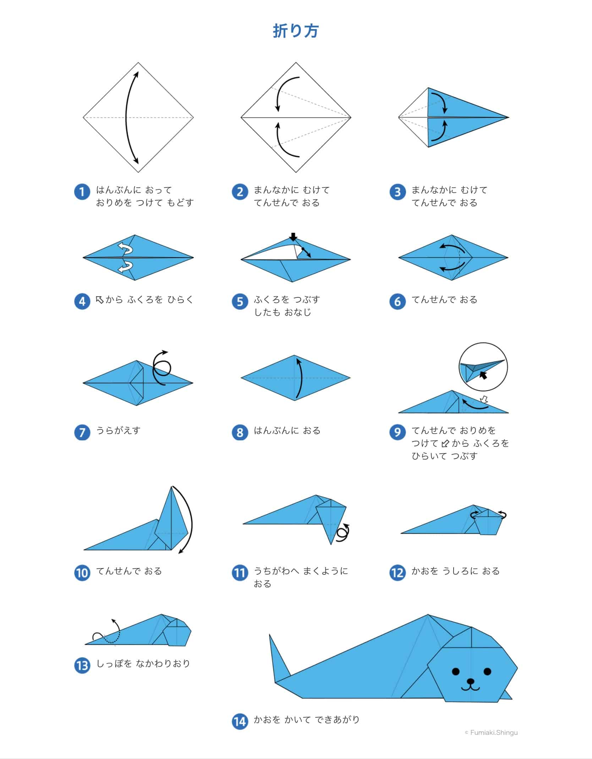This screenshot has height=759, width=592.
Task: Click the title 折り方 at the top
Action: [x=296, y=31]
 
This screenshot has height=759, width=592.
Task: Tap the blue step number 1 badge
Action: [x=82, y=192]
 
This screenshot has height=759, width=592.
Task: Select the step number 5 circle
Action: [x=240, y=302]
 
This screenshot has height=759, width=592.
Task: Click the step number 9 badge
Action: [x=398, y=432]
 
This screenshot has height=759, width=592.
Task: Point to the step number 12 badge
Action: [x=398, y=573]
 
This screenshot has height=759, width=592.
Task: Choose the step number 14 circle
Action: [x=240, y=721]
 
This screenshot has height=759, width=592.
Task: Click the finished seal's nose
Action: [x=471, y=681]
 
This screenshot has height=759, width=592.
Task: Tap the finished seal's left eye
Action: [x=456, y=671]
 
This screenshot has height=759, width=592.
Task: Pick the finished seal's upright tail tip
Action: [x=270, y=635]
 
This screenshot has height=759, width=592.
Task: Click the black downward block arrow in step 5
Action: [x=293, y=237]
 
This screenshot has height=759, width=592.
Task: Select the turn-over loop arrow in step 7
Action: [x=161, y=368]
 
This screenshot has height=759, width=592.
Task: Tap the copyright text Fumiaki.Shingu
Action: [x=491, y=732]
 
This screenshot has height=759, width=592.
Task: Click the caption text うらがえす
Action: [x=119, y=430]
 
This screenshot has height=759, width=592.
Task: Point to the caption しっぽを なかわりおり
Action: [x=143, y=664]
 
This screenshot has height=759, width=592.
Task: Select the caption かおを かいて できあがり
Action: [x=307, y=720]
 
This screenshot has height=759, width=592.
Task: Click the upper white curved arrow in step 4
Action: [x=125, y=248]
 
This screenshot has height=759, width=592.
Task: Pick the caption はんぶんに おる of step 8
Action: [x=287, y=430]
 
